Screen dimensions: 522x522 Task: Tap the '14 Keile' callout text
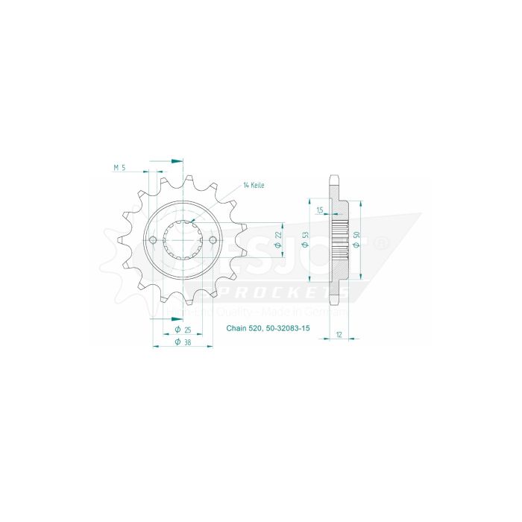pyautogui.click(x=254, y=185)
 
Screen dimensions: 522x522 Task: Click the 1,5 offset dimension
pyautogui.click(x=319, y=211)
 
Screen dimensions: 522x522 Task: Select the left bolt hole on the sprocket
pyautogui.click(x=154, y=240)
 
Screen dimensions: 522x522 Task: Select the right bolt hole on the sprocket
pyautogui.click(x=213, y=240)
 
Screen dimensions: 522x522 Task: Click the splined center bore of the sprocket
pyautogui.click(x=183, y=240)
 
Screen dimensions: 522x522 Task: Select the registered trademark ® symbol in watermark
pyautogui.click(x=380, y=242)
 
